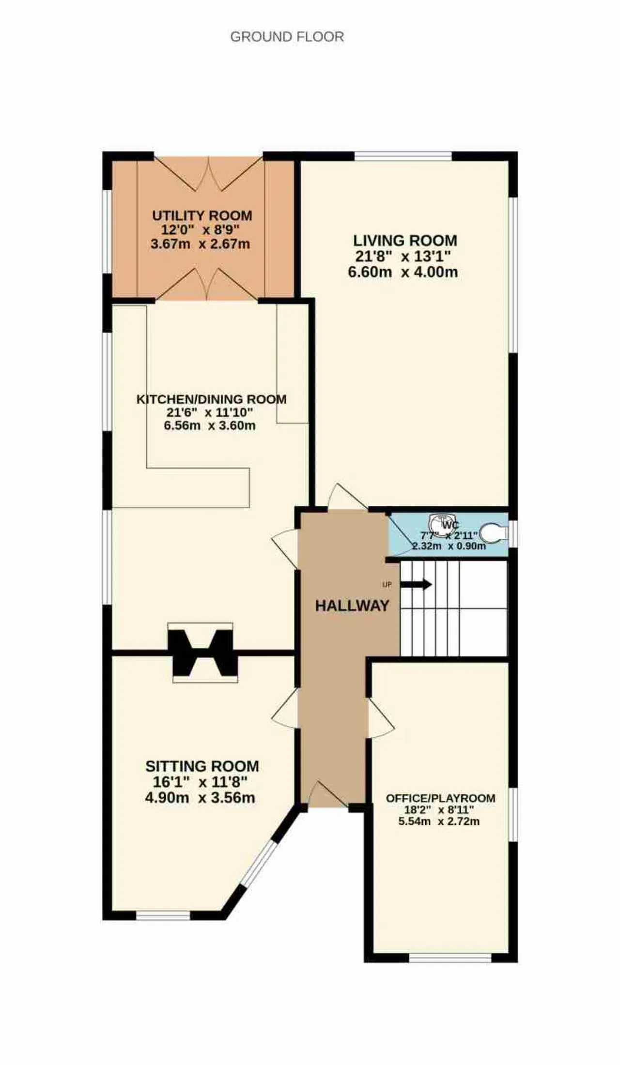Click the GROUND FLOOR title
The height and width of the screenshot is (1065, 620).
pyautogui.click(x=287, y=37)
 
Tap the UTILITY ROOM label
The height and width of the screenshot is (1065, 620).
pyautogui.click(x=202, y=215)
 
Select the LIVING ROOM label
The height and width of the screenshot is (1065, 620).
pyautogui.click(x=405, y=240)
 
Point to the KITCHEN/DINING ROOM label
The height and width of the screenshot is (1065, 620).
pyautogui.click(x=211, y=399)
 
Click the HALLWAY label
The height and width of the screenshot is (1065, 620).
pyautogui.click(x=352, y=606)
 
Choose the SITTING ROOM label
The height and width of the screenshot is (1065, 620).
pyautogui.click(x=202, y=766)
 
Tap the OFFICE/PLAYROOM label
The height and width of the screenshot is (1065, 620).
pyautogui.click(x=440, y=798)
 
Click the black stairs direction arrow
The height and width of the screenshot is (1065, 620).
pyautogui.click(x=416, y=585)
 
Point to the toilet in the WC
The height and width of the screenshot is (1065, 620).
pyautogui.click(x=493, y=532)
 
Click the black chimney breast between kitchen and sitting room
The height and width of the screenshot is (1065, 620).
pyautogui.click(x=202, y=653)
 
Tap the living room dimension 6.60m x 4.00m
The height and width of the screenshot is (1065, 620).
pyautogui.click(x=403, y=272)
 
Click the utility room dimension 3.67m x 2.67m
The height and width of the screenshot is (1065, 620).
pyautogui.click(x=200, y=243)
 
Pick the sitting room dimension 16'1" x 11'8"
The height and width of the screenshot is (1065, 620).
pyautogui.click(x=200, y=782)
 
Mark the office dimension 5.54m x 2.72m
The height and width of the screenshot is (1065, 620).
pyautogui.click(x=439, y=822)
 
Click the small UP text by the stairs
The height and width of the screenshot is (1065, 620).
pyautogui.click(x=387, y=584)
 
